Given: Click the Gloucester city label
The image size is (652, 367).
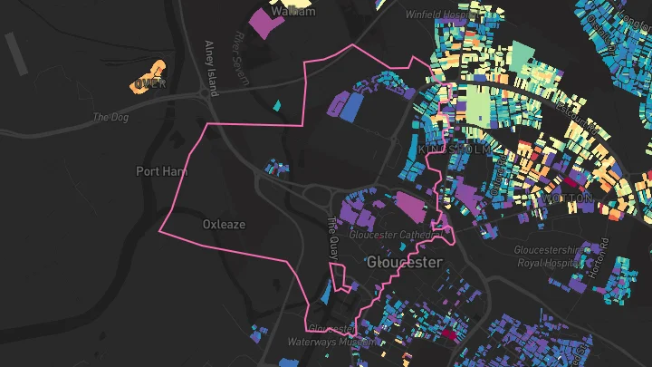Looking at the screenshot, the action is point(405,262).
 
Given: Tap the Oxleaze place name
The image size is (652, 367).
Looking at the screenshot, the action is point(224,224).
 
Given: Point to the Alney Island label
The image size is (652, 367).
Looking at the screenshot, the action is point(211,68).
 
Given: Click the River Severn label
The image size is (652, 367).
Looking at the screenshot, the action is point(241,60).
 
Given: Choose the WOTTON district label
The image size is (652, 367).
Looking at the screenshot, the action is point(568,197).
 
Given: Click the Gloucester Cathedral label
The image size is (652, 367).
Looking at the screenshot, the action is point(399,236).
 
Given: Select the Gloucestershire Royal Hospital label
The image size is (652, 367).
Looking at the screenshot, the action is point(551,256).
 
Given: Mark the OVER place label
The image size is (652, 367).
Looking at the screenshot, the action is point(149,84).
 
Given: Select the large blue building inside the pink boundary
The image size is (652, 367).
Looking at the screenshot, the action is point(350,107).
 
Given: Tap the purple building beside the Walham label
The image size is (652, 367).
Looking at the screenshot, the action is point(265,23).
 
